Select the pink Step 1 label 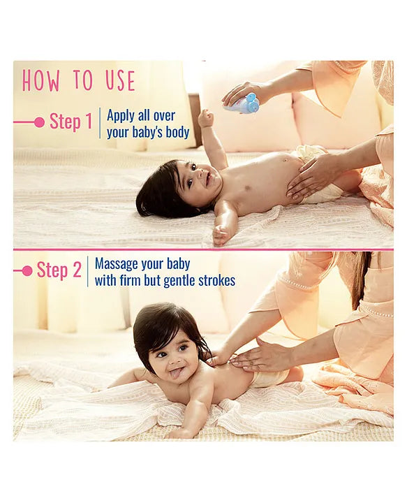(x=71, y=122)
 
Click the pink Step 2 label (x=59, y=270)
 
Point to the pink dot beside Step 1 (x=39, y=122)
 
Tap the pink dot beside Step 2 (x=27, y=271)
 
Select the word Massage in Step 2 (x=119, y=264)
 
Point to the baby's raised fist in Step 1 (x=206, y=117)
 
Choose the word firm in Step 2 (x=130, y=281)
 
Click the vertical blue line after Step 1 (x=100, y=123)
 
